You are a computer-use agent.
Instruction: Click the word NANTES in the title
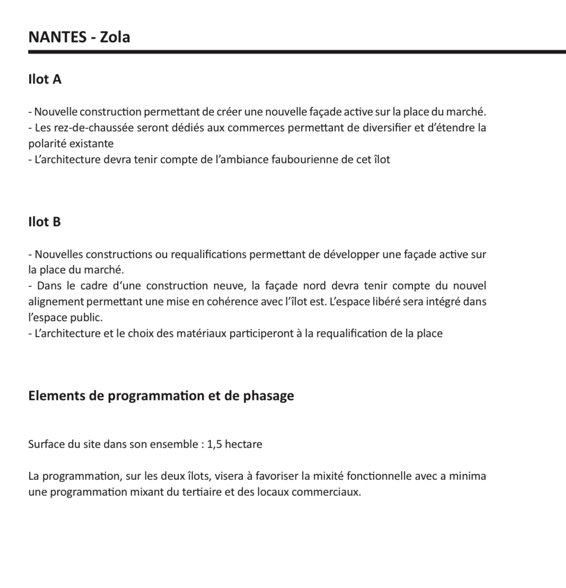(x=57, y=37)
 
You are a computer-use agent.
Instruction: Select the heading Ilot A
(x=45, y=80)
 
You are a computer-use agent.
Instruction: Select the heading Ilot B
(x=45, y=222)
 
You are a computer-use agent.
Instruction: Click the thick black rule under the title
(x=297, y=52)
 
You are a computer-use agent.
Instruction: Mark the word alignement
(x=55, y=302)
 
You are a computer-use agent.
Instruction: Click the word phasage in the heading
(x=268, y=396)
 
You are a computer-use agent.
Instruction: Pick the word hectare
(x=243, y=444)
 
